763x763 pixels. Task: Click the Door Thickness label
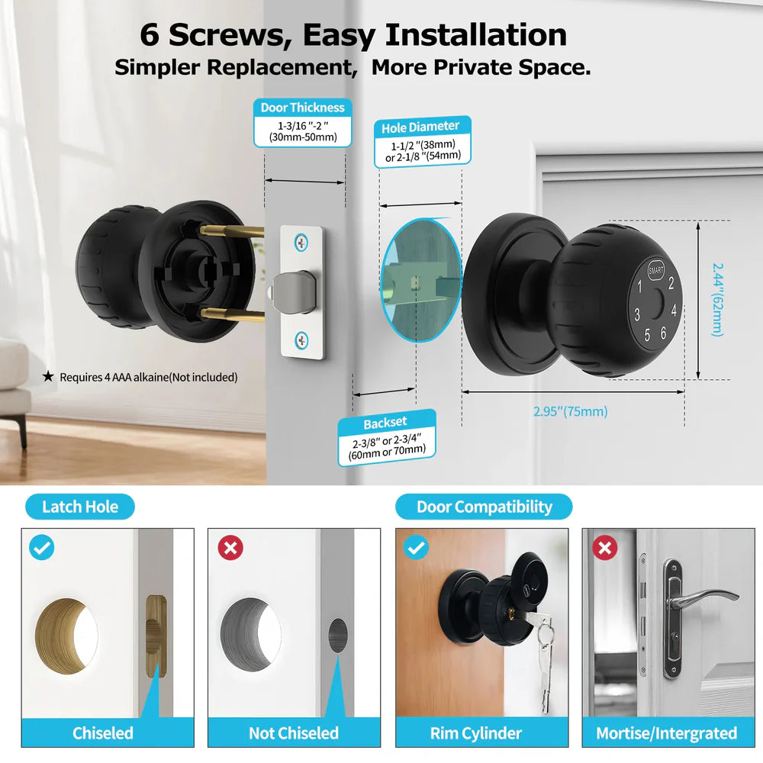pyautogui.click(x=302, y=108)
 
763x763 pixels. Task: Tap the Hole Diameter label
pyautogui.click(x=420, y=127)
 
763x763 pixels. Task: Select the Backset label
pyautogui.click(x=385, y=422)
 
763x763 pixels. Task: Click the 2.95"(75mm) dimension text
pyautogui.click(x=570, y=411)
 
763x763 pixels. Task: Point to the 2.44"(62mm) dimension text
pyautogui.click(x=717, y=299)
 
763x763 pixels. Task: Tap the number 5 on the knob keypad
pyautogui.click(x=647, y=333)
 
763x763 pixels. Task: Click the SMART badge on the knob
pyautogui.click(x=656, y=269)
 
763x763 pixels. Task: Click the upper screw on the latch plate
pyautogui.click(x=303, y=243)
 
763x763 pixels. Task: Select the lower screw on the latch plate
pyautogui.click(x=303, y=339)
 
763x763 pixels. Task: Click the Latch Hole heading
pyautogui.click(x=80, y=507)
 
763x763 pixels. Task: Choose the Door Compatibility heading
pyautogui.click(x=484, y=507)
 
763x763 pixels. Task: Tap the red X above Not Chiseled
pyautogui.click(x=230, y=548)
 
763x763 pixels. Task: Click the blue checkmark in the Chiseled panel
pyautogui.click(x=42, y=548)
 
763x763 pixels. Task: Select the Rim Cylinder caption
pyautogui.click(x=476, y=733)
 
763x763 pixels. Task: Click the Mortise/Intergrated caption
pyautogui.click(x=666, y=733)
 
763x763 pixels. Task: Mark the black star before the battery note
pyautogui.click(x=48, y=376)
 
